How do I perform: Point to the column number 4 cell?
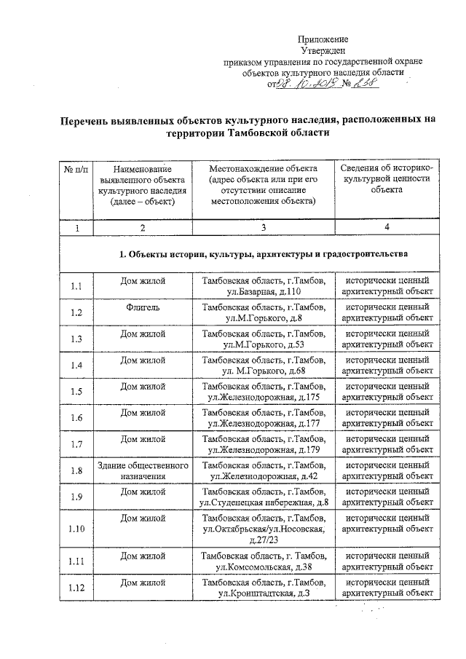click(387, 228)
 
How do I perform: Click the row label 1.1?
click(75, 286)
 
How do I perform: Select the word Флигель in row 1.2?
click(143, 307)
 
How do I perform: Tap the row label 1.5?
click(75, 391)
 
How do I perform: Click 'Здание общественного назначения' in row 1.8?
click(143, 470)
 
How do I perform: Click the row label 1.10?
click(75, 529)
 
